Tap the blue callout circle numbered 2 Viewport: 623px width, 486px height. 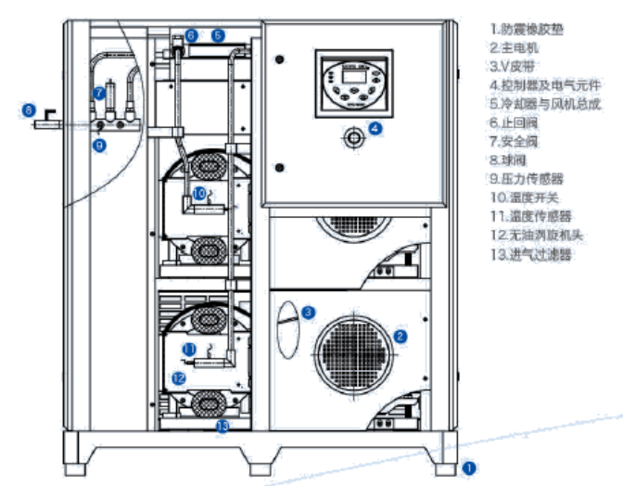(x=400, y=336)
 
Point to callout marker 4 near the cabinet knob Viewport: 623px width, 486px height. (x=375, y=129)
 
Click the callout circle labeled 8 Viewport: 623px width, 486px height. (x=30, y=111)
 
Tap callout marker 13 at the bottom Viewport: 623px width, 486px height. (x=222, y=426)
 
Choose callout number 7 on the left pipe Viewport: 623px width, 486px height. (x=99, y=93)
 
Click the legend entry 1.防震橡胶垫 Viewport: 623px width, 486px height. (x=528, y=29)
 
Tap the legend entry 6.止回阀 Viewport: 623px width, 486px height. (x=514, y=121)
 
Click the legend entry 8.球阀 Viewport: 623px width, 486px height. (x=509, y=160)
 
